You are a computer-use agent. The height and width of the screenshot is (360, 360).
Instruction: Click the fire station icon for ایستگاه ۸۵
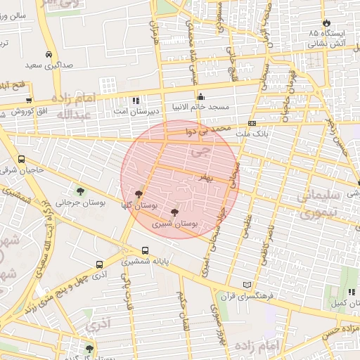pos(326,22)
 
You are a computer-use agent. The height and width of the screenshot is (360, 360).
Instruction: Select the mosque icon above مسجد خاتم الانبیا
pos(201,97)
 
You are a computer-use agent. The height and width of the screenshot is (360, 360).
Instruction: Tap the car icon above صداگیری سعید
pos(49,55)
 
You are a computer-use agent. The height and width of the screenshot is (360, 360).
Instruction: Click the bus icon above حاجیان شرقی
pos(22,160)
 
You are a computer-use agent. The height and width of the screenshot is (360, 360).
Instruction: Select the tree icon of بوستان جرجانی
pos(80,191)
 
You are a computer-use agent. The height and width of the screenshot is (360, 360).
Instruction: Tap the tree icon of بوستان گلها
pos(138,193)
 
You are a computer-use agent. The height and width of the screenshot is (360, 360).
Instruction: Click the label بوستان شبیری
pos(175,224)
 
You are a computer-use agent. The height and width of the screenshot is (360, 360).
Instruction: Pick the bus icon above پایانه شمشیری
pos(145,250)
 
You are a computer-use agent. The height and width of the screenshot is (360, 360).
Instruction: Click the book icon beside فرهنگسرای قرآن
pos(246,284)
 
